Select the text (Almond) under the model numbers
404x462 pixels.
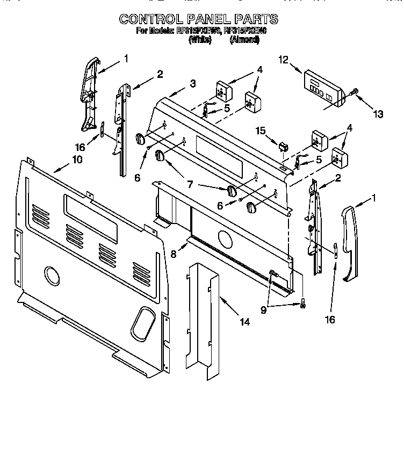tap(244, 39)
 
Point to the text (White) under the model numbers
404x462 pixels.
tap(199, 39)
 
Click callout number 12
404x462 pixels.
tap(283, 60)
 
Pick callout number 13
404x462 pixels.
tap(379, 113)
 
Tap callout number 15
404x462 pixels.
tap(260, 131)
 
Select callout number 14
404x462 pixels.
tap(244, 322)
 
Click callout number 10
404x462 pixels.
tap(77, 160)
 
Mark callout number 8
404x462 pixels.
tap(173, 254)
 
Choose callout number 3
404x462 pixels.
tap(192, 83)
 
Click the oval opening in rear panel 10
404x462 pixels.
tap(142, 320)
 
